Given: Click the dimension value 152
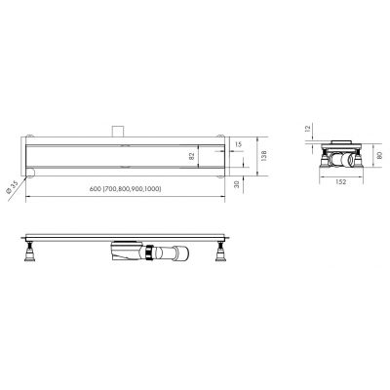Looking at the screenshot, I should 337,182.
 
